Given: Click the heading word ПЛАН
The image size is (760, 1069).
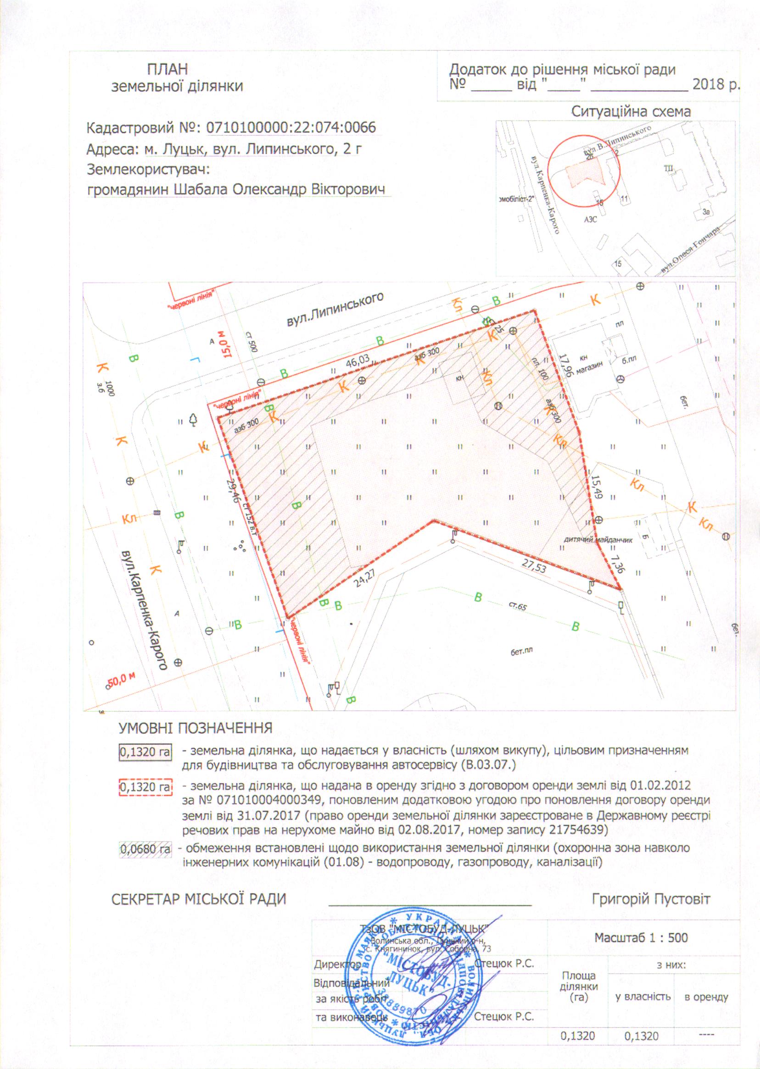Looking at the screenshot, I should point(168,70).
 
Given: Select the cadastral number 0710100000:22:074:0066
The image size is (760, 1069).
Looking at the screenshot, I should point(291,127).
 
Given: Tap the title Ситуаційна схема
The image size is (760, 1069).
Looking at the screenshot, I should point(631,112).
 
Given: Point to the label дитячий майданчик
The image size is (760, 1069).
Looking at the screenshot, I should point(598,540).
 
